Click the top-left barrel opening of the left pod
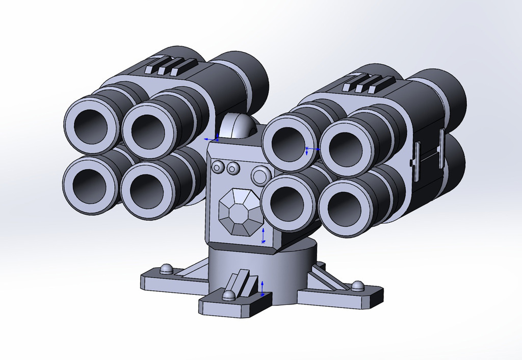pos(91,125)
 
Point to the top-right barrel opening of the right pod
pos(346,149)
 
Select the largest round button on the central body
pos(260,175)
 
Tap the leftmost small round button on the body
pos(218,167)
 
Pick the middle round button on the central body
pos(233,168)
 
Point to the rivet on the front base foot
pos(228,295)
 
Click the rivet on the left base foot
pos(166,269)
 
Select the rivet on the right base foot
pos(357,286)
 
